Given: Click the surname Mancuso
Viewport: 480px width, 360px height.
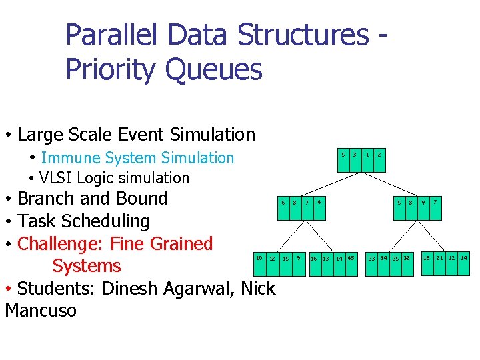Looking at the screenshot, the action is (41, 311).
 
